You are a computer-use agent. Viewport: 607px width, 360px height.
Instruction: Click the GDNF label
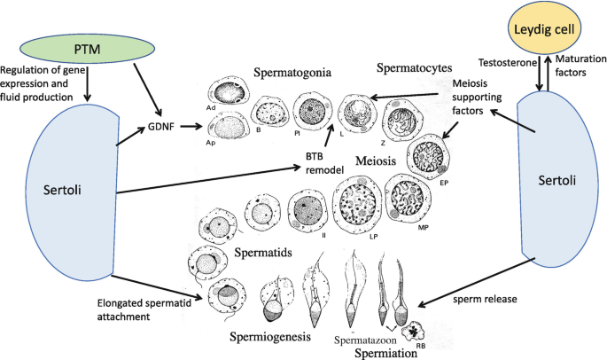[x=160, y=127]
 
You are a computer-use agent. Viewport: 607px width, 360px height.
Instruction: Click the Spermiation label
[x=388, y=352]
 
